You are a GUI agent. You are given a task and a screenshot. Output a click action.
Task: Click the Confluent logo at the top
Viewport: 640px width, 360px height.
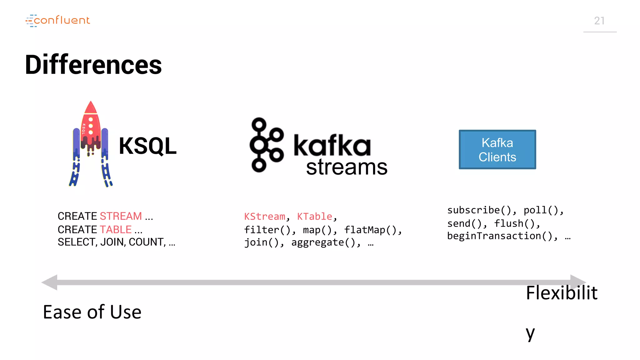pos(58,20)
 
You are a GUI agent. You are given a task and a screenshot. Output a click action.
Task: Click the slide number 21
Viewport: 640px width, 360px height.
pos(599,21)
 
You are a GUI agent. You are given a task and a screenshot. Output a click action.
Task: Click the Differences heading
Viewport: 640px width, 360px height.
pos(93,65)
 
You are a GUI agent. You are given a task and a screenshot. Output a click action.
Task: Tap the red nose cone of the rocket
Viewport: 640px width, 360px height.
pos(91,108)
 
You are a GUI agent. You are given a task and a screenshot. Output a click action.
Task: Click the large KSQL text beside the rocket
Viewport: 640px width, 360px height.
pos(147,146)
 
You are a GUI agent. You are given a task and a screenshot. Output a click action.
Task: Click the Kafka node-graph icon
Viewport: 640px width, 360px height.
pos(266,145)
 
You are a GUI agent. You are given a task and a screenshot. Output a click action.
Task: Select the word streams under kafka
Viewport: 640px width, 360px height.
pos(347,167)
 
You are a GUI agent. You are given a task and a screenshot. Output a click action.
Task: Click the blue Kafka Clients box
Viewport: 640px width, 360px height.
pos(497,150)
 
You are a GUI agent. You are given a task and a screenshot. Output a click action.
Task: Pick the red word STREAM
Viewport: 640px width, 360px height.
pos(121,216)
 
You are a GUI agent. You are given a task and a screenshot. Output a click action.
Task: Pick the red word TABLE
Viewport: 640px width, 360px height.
pos(116,229)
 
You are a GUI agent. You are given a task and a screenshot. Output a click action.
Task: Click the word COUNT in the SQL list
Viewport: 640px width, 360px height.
pos(146,242)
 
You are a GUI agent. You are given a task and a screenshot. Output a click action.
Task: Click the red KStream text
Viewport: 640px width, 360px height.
pos(264,216)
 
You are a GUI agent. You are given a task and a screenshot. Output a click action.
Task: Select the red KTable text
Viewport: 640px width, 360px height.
pos(314,216)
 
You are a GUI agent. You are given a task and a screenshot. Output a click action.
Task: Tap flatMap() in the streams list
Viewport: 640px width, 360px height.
pos(370,230)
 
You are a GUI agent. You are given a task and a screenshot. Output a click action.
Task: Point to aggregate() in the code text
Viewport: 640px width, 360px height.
pos(323,242)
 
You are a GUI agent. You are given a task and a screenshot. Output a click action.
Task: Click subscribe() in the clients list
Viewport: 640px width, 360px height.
pos(478,210)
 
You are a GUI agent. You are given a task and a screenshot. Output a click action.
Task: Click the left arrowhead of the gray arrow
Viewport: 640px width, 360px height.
pos(50,282)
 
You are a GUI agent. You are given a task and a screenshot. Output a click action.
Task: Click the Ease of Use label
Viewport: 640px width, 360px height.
pos(92,312)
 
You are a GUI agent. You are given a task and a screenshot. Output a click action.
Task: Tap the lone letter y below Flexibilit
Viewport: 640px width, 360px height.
pos(530,333)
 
